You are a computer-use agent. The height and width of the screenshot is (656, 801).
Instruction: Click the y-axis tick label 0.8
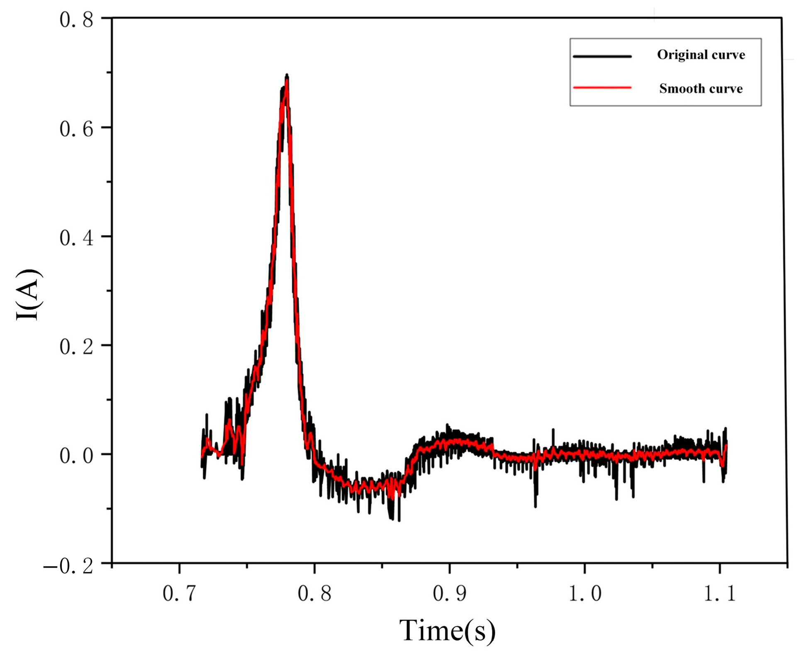tap(76, 20)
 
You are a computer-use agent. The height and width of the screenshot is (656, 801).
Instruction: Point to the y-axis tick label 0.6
tap(76, 129)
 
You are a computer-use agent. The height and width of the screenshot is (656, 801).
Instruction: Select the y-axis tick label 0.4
tap(76, 238)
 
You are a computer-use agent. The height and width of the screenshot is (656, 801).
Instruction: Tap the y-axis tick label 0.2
tap(76, 346)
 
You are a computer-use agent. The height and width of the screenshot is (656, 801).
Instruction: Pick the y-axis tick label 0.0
tap(76, 455)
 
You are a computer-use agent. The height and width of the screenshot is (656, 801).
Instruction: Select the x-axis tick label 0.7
tap(179, 593)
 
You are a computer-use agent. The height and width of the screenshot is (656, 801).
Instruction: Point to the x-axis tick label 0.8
tap(314, 593)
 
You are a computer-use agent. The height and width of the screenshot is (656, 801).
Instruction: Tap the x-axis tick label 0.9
tap(450, 593)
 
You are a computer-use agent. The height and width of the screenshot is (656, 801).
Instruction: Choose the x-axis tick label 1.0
tap(584, 593)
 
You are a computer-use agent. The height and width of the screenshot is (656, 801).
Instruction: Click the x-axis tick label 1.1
tap(720, 593)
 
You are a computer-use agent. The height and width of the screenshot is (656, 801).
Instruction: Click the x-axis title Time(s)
tap(447, 631)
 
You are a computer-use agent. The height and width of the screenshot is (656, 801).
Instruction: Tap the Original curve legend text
tap(701, 55)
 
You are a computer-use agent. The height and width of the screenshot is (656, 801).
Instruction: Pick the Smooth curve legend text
tap(701, 88)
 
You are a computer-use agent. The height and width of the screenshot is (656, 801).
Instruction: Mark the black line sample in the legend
tap(602, 56)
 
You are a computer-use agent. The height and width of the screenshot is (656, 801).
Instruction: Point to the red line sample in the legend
tap(602, 88)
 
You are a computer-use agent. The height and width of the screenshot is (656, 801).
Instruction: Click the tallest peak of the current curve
tap(287, 76)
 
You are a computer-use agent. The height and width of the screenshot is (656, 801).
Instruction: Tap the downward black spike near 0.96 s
tap(536, 505)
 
